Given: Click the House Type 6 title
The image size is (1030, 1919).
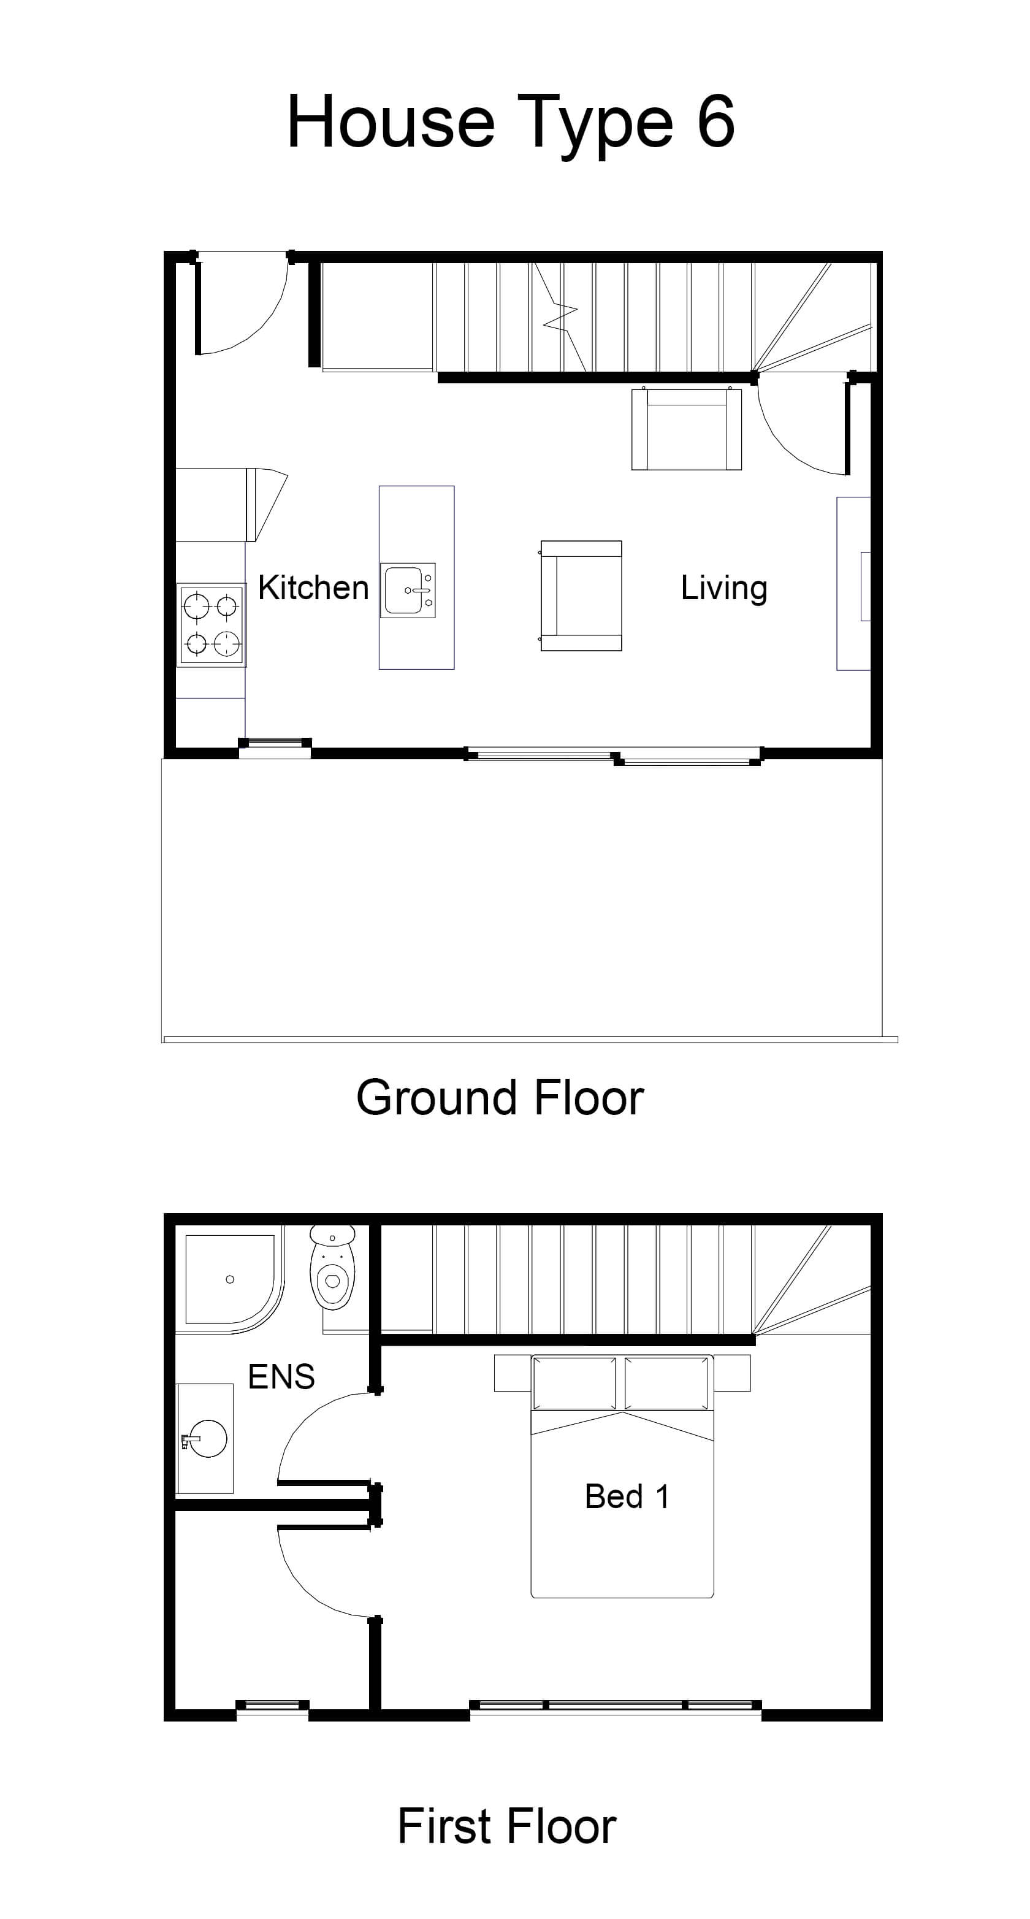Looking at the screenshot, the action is pyautogui.click(x=511, y=121).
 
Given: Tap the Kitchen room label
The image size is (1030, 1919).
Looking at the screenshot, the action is pyautogui.click(x=313, y=588).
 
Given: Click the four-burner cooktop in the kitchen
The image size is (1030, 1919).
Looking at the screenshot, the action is pyautogui.click(x=212, y=625).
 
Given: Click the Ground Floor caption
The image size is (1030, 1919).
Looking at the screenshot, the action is pyautogui.click(x=500, y=1098).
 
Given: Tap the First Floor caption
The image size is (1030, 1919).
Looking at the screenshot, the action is pyautogui.click(x=506, y=1826).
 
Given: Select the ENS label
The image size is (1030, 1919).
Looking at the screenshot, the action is pyautogui.click(x=281, y=1377).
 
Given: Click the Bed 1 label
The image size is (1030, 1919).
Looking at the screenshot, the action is pyautogui.click(x=627, y=1496).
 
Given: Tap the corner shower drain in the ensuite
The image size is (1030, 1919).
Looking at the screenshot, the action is pyautogui.click(x=230, y=1279).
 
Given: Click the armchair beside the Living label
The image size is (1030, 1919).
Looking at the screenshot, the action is pyautogui.click(x=581, y=596).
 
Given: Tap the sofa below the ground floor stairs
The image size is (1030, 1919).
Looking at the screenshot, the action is pyautogui.click(x=687, y=429).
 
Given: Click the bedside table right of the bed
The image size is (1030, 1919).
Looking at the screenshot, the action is pyautogui.click(x=732, y=1373).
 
